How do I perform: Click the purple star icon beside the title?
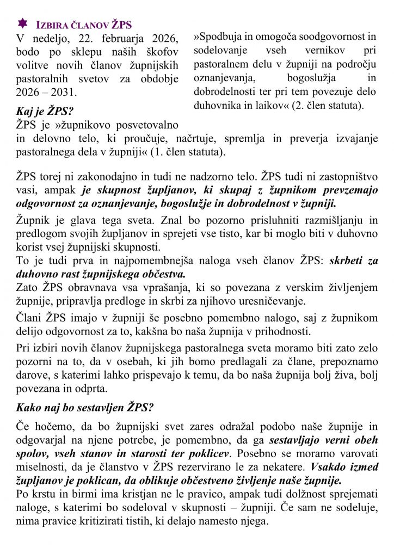click(23, 23)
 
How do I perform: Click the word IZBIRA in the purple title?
click(52, 25)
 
